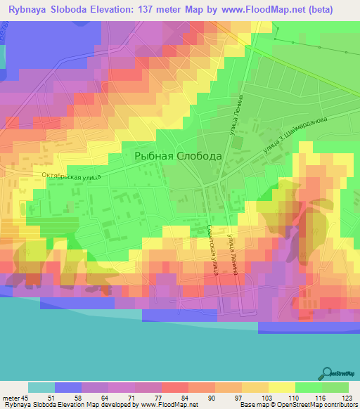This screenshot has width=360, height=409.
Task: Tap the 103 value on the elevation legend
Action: click(268, 397)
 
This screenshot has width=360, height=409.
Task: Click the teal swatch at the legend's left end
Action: click(41, 387)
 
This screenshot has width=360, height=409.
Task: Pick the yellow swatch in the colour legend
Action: click(281, 387)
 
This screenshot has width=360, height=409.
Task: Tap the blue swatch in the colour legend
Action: click(67, 387)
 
